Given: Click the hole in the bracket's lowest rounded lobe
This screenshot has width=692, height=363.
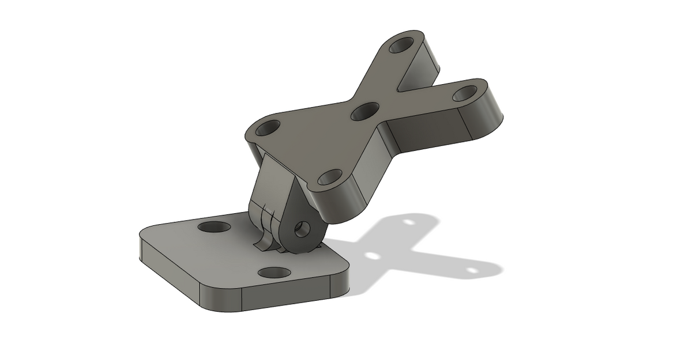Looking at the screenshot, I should click(329, 177).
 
